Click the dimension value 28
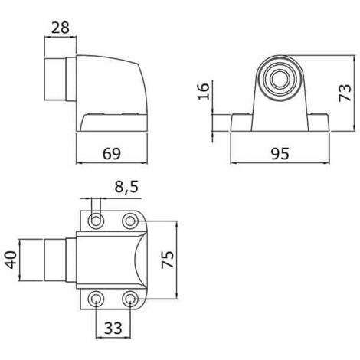pyautogui.click(x=61, y=28)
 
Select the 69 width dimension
pyautogui.click(x=112, y=154)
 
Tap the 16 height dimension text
pyautogui.click(x=204, y=91)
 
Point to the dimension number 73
pyautogui.click(x=345, y=93)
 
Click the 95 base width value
pyautogui.click(x=280, y=154)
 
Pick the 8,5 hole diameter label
pyautogui.click(x=126, y=187)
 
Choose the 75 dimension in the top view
pyautogui.click(x=168, y=260)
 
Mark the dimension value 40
pyautogui.click(x=11, y=260)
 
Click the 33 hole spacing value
pyautogui.click(x=113, y=328)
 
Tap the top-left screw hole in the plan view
pyautogui.click(x=96, y=221)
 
